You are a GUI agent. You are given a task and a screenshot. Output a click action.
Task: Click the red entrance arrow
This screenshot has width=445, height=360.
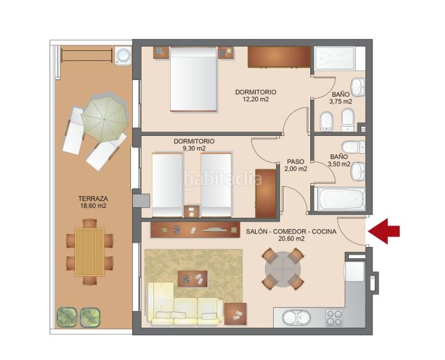tap(384, 231)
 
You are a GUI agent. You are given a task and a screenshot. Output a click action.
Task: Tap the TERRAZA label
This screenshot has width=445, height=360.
tap(93, 199)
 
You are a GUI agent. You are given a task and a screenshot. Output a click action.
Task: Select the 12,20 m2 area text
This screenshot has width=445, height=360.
tap(256, 99)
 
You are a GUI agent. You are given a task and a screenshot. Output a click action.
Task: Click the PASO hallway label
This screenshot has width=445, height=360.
tap(295, 161)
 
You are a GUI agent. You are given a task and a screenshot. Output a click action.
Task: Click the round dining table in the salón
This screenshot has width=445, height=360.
tap(283, 269)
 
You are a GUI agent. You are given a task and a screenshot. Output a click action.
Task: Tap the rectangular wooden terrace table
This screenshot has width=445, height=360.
tap(89, 252)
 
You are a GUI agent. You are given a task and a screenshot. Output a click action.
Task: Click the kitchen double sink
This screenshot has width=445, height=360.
tap(297, 318)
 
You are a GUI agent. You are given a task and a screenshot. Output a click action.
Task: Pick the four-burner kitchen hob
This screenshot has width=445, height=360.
tap(335, 318)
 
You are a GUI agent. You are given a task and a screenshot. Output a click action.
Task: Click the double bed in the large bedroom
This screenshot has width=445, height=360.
tap(194, 79)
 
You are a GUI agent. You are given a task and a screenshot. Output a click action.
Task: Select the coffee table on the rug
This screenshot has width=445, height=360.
tap(192, 279)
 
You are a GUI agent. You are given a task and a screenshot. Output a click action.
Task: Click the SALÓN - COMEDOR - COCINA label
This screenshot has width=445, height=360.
tap(291, 232)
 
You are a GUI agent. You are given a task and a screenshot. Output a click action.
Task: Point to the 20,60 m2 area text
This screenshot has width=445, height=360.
tap(292, 239)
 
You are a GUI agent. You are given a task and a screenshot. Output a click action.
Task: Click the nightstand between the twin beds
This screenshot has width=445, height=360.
tap(192, 211)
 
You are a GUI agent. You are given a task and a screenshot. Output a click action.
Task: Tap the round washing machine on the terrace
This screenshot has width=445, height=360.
tap(123, 55)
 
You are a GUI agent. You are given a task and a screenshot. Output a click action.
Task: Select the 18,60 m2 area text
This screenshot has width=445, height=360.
tap(93, 206)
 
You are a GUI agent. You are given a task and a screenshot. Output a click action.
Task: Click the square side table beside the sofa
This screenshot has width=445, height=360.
tap(235, 313)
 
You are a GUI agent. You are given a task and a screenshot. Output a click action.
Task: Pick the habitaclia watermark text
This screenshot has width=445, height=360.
tap(222, 179)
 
